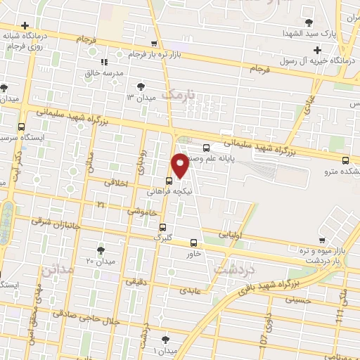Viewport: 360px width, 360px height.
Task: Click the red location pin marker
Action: coord(181,165)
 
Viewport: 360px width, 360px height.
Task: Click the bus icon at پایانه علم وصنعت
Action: coord(205,148)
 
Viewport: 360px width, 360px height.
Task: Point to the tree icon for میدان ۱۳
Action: coord(141,86)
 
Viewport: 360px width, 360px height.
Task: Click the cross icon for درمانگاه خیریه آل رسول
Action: coord(318,49)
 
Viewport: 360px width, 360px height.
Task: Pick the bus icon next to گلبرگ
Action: coord(162,227)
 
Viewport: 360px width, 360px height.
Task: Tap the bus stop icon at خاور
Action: coord(193,243)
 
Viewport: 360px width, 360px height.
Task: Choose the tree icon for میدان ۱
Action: coord(165,339)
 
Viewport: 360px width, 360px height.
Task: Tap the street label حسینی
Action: coord(297,300)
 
